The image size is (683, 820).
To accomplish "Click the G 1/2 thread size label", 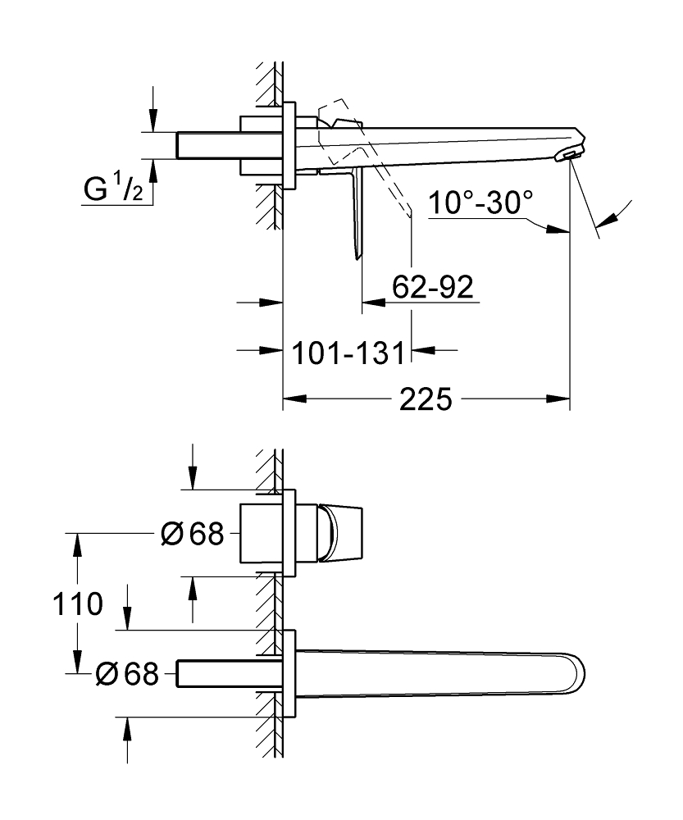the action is pyautogui.click(x=113, y=189).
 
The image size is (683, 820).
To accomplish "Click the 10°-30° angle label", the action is pyautogui.click(x=480, y=202).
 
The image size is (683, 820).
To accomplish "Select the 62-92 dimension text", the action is pyautogui.click(x=432, y=286).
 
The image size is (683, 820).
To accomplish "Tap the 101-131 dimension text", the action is pyautogui.click(x=348, y=353).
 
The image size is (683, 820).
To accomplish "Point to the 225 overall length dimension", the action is pyautogui.click(x=426, y=399).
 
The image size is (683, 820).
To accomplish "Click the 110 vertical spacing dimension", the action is pyautogui.click(x=77, y=604).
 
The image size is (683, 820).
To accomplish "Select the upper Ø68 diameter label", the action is pyautogui.click(x=193, y=534).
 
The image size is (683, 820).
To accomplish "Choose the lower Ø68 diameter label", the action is pyautogui.click(x=127, y=673).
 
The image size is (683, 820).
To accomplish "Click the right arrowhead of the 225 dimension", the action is pyautogui.click(x=558, y=399).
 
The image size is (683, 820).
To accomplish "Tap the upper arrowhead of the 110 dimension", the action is pyautogui.click(x=77, y=545).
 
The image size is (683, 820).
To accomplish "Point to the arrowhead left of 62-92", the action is pyautogui.click(x=374, y=303).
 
